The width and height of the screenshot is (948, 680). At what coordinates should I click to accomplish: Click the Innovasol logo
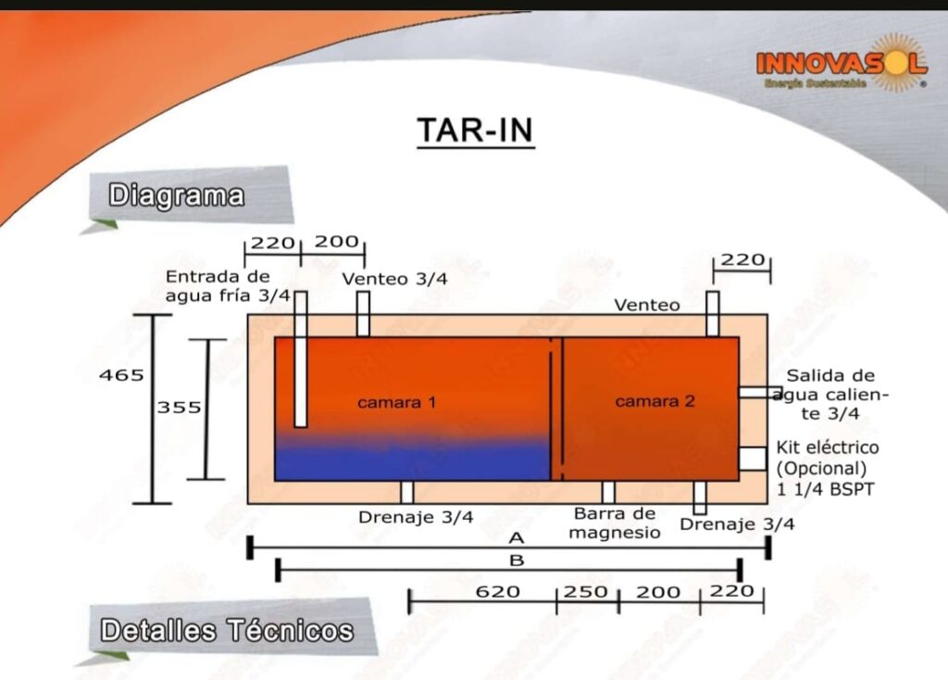click(842, 63)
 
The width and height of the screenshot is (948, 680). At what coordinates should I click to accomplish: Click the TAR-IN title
click(475, 130)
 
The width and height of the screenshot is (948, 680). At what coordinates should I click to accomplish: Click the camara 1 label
click(396, 402)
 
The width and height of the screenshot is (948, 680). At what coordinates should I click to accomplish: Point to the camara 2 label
click(655, 401)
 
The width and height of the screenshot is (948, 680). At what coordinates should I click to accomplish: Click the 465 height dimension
click(121, 375)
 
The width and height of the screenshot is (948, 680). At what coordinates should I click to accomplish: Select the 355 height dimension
click(179, 407)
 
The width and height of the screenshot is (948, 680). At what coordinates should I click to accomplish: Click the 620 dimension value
click(497, 591)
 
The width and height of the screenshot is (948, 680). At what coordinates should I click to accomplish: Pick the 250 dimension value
click(585, 591)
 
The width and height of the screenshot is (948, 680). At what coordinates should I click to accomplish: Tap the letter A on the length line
click(516, 538)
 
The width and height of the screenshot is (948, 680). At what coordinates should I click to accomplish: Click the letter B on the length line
click(517, 560)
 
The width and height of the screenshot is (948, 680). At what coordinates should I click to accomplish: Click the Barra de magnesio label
click(615, 523)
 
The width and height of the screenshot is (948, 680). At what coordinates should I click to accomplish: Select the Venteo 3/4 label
click(394, 279)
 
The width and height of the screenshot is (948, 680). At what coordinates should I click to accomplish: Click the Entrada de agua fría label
click(228, 286)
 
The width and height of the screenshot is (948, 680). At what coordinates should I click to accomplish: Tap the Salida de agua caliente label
click(830, 395)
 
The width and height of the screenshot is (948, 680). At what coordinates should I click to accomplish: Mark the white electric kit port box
click(753, 459)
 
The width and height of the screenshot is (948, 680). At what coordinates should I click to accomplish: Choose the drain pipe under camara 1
click(407, 493)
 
